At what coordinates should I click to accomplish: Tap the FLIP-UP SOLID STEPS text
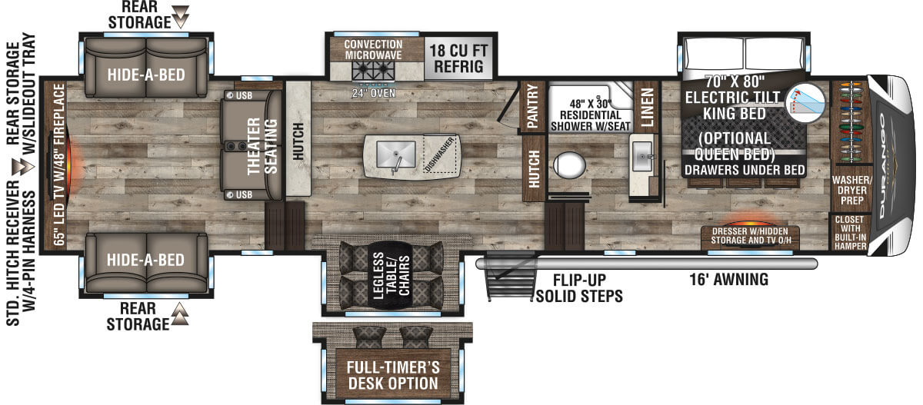coord(579,288)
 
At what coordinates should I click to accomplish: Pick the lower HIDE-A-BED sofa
coord(145,260)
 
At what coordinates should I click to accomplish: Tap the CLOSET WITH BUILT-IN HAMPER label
coord(851,233)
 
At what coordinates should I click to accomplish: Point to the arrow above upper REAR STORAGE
coord(180,14)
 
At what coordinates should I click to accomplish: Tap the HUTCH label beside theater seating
coord(298,141)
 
